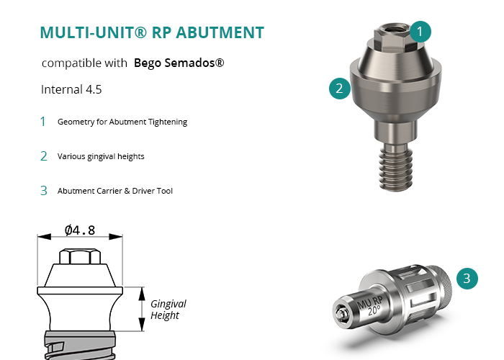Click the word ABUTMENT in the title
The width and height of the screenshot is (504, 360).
(x=220, y=32)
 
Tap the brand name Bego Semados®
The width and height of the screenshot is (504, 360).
(x=179, y=63)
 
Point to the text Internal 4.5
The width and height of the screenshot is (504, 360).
(x=71, y=89)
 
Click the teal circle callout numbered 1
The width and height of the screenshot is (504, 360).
(x=420, y=32)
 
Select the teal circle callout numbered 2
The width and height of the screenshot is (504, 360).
(x=340, y=89)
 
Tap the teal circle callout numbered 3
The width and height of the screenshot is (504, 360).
(x=467, y=279)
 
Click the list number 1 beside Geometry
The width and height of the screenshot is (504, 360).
(x=42, y=122)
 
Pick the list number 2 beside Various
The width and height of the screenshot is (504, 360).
(x=44, y=156)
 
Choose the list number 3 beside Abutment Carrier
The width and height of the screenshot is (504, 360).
(x=44, y=191)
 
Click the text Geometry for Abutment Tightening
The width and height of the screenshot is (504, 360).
(x=122, y=122)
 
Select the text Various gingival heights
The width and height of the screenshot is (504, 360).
(x=101, y=156)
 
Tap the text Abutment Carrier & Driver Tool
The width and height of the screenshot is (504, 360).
(x=115, y=191)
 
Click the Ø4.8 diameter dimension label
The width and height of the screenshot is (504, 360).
(x=80, y=230)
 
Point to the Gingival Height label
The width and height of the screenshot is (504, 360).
(x=168, y=310)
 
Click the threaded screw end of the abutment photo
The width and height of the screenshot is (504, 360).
(x=396, y=168)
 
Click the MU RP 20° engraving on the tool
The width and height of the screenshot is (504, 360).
(x=370, y=306)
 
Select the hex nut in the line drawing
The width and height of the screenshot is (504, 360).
(x=80, y=256)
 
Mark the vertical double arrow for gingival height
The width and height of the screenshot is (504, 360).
(x=142, y=309)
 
